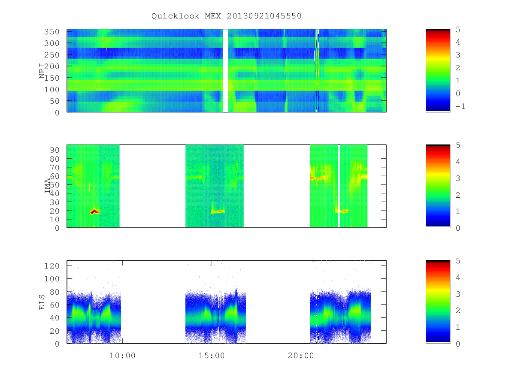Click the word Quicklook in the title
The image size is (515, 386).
click(x=175, y=16)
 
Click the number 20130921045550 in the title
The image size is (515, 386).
click(x=264, y=16)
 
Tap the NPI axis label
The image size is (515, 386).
click(x=42, y=71)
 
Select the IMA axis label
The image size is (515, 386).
click(x=48, y=186)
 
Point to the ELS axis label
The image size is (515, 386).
click(x=42, y=302)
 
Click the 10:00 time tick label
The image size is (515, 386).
click(x=122, y=356)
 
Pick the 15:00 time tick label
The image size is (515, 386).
click(x=212, y=356)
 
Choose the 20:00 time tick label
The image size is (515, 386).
click(x=301, y=356)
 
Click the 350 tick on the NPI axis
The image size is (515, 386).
click(x=51, y=32)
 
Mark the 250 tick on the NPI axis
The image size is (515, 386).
click(x=51, y=55)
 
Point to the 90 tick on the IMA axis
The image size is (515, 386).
click(x=54, y=150)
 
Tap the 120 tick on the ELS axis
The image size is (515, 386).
click(x=51, y=266)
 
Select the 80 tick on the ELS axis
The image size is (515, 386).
click(x=54, y=292)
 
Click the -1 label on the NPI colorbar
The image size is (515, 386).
click(x=460, y=106)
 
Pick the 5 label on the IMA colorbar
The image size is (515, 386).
click(x=458, y=145)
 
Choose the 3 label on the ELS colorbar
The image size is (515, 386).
click(x=458, y=294)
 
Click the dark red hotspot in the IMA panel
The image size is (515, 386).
click(x=94, y=211)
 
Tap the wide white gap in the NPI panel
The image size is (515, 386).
click(x=225, y=70)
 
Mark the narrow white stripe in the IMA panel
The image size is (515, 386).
click(x=339, y=186)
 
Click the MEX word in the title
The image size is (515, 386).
click(x=213, y=16)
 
